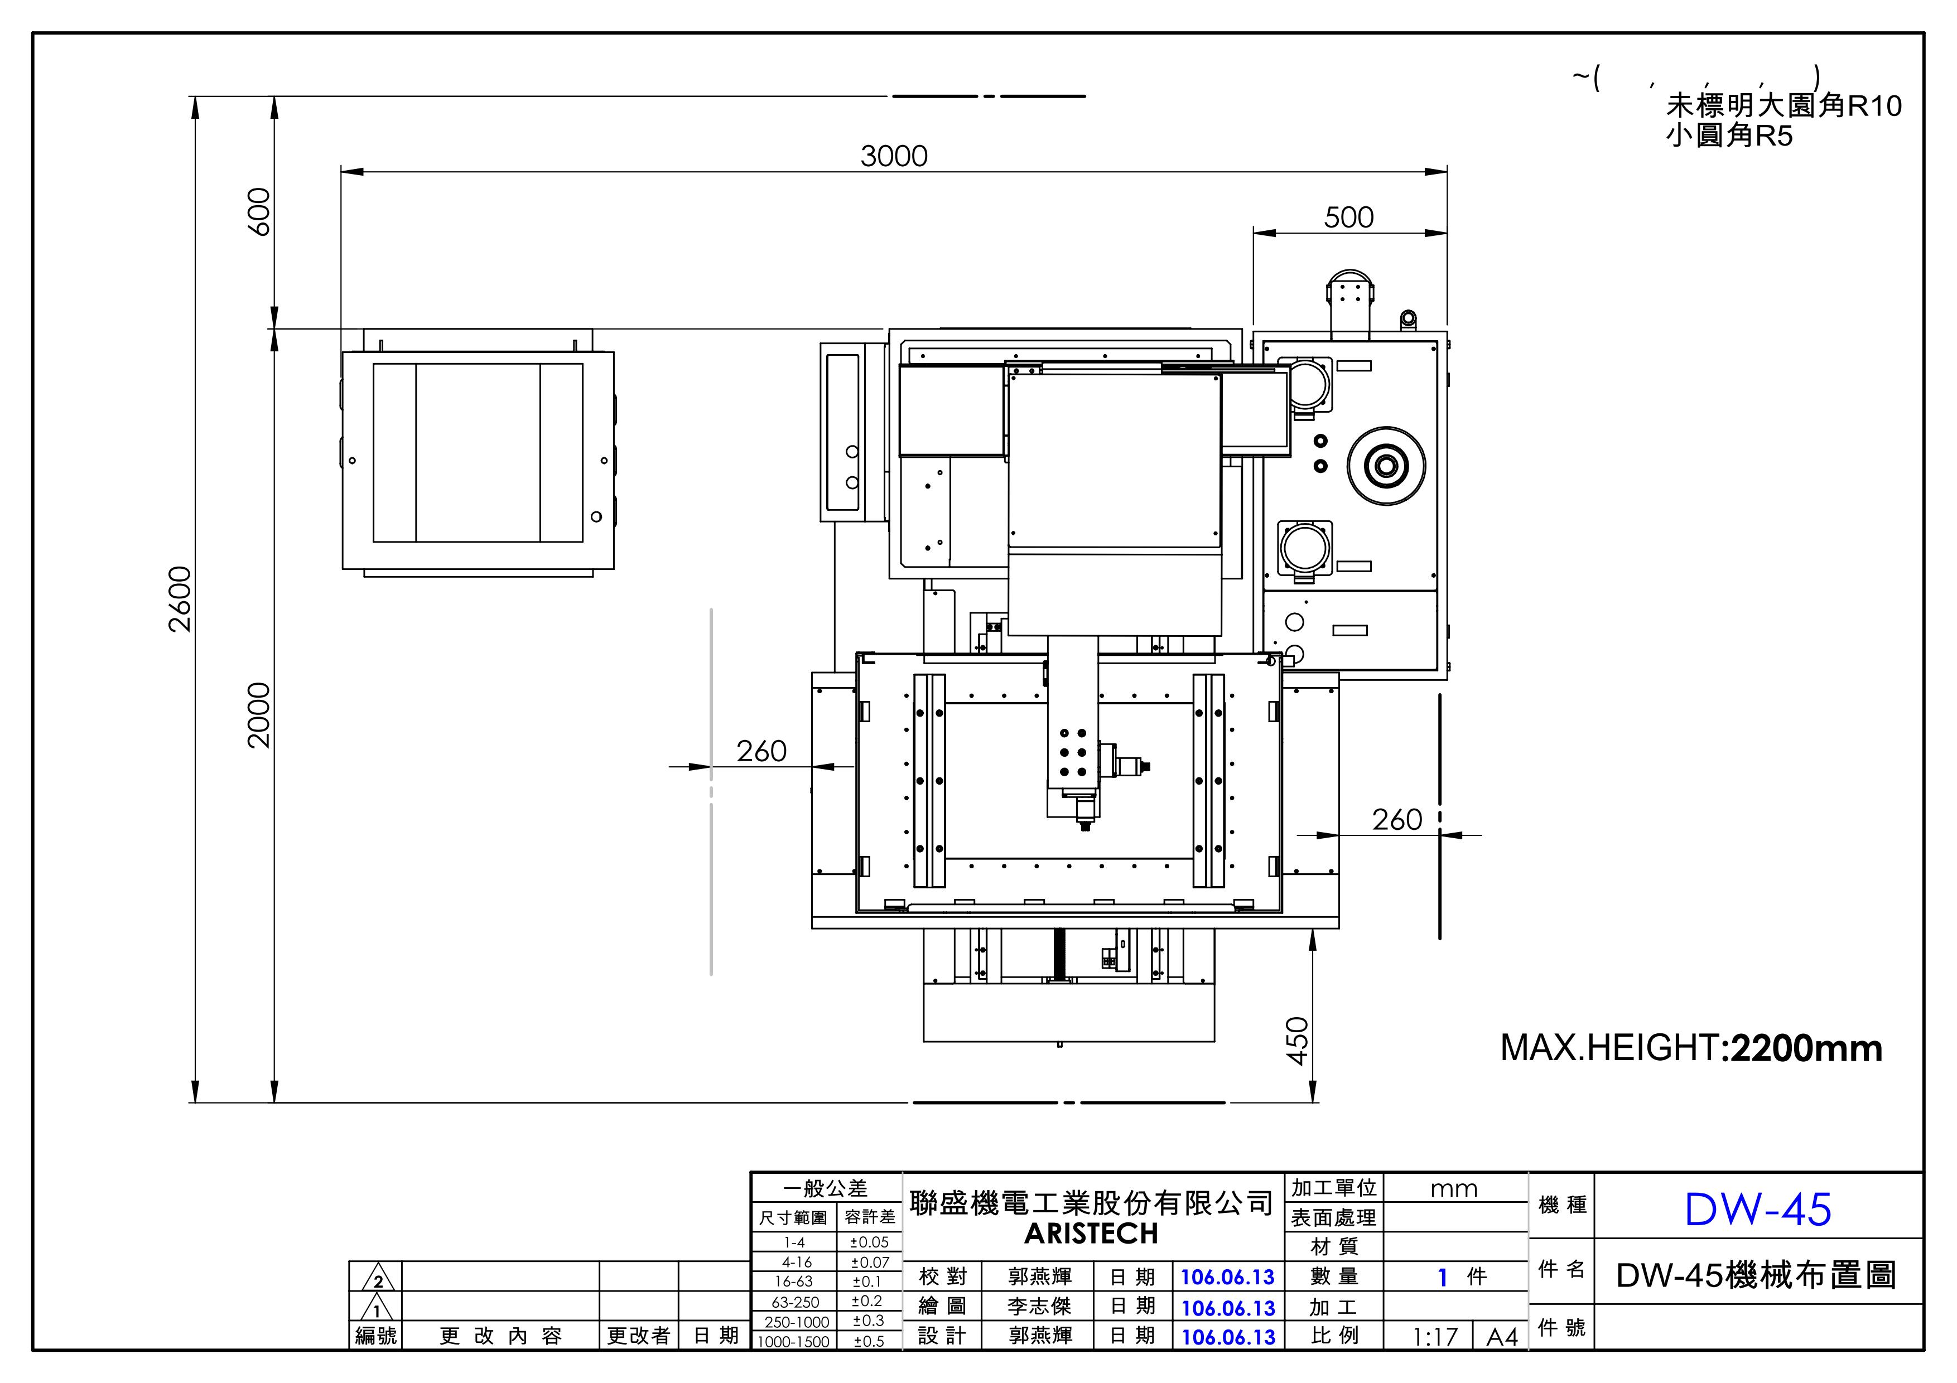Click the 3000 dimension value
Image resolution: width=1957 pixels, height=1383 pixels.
(893, 156)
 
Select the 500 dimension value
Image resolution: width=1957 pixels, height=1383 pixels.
(1348, 217)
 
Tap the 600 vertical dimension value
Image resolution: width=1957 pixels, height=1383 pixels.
(258, 211)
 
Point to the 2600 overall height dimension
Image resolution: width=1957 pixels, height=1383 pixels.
(180, 598)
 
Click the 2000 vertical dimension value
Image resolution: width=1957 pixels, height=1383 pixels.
(258, 715)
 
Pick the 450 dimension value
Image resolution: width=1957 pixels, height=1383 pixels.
(1296, 1041)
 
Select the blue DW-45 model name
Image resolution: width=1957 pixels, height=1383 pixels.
(1757, 1208)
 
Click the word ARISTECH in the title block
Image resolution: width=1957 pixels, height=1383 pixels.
(1091, 1233)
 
